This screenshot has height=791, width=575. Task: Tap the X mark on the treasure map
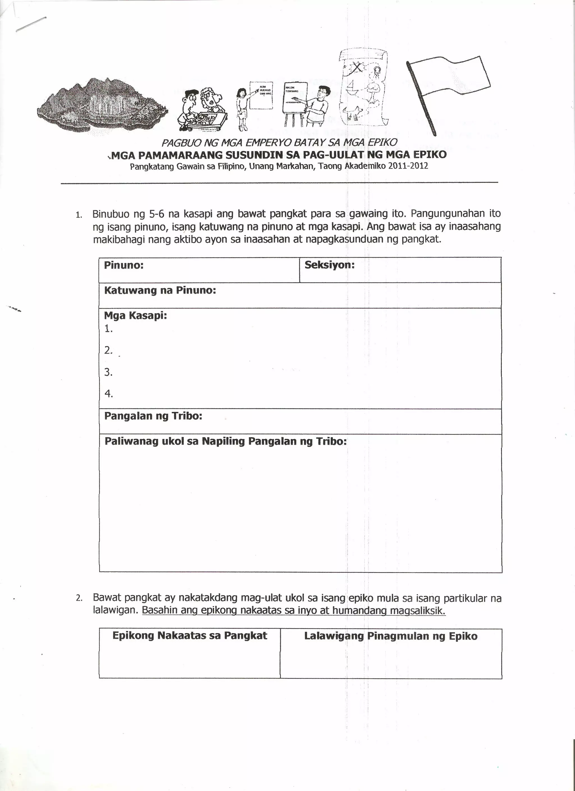[x=357, y=68]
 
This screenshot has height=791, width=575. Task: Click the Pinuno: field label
[x=124, y=265]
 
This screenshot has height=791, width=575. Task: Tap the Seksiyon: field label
[x=329, y=265]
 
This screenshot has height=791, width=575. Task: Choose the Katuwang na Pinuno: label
[x=160, y=290]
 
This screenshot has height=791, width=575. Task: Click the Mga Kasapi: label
[x=135, y=316]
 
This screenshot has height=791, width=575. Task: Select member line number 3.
[x=108, y=372]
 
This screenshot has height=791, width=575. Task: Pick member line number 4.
[x=108, y=394]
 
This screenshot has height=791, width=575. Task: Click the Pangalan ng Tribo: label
[x=153, y=416]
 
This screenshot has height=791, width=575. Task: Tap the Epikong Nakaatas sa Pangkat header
[x=190, y=636]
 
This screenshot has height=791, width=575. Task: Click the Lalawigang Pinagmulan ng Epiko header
[x=391, y=636]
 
